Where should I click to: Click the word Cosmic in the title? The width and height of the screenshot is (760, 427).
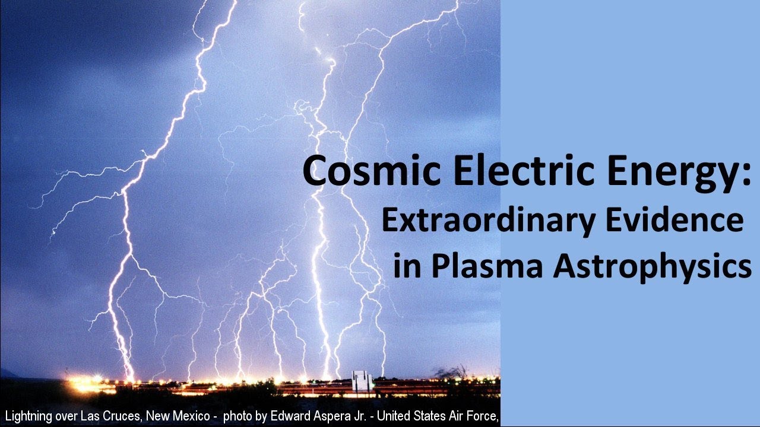(x=351, y=172)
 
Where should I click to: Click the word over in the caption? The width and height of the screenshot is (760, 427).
(x=73, y=416)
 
